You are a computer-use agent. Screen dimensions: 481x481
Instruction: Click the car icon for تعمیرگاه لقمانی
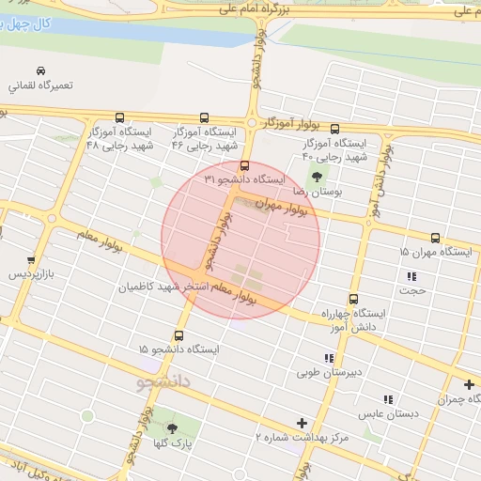point(40,71)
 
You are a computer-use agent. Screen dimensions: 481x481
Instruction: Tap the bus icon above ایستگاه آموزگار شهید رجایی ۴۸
point(119,118)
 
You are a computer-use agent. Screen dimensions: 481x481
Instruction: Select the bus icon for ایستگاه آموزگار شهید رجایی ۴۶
point(204,118)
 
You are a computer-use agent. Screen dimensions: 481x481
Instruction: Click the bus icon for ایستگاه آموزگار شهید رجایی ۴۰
point(335,130)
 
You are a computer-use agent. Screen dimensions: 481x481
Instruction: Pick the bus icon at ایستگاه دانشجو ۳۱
point(245,166)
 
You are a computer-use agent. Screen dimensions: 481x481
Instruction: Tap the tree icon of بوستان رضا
point(316,176)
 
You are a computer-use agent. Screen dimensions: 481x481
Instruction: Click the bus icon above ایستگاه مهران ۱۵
point(435,239)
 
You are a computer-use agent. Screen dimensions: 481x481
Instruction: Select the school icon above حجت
point(411,276)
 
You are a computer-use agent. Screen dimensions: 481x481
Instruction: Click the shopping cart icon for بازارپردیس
point(31,260)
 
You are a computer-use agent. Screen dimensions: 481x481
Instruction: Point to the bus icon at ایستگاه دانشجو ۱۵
point(178,335)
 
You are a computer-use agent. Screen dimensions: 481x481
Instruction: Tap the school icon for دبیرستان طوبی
point(328,358)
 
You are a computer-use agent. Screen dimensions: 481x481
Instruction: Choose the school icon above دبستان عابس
point(388,399)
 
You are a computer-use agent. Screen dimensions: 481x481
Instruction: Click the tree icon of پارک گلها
point(170,429)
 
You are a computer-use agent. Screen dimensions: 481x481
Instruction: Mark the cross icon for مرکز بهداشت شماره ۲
point(302,424)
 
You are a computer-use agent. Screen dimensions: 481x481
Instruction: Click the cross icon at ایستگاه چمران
point(469,384)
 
